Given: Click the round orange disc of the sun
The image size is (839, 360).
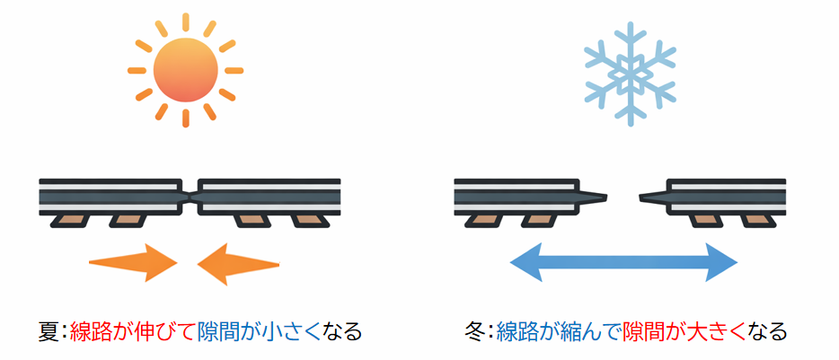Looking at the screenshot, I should (185, 70).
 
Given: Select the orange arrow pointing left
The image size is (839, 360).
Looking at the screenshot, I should (237, 263).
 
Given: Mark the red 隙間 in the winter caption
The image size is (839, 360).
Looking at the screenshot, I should (645, 331).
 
